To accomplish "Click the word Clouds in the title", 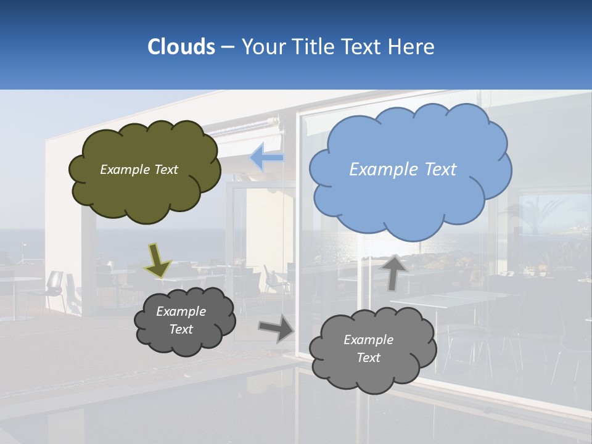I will coord(181,47).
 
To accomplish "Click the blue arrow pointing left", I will coord(266,158).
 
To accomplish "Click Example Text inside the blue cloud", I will coord(403,170).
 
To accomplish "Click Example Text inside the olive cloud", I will coord(139,170).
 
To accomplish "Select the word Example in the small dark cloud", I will coord(181,311).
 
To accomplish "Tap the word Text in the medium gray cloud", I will coord(368,358).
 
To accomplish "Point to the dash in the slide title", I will coord(227,47).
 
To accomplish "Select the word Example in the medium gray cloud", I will coord(368,340).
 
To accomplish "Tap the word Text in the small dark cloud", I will coord(181,329).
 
